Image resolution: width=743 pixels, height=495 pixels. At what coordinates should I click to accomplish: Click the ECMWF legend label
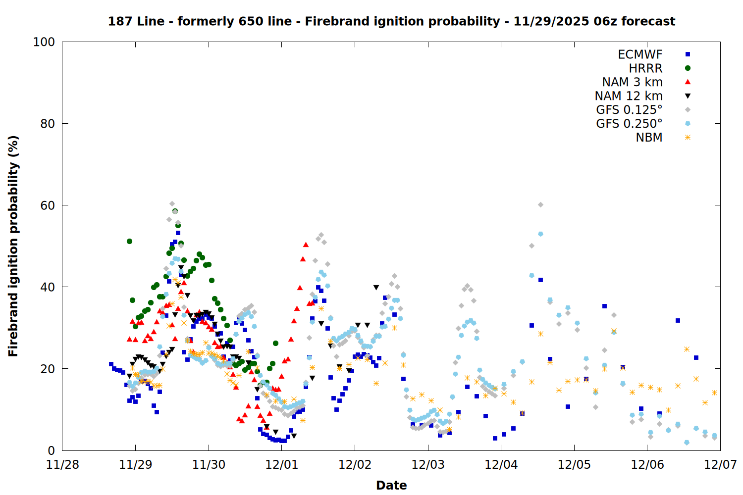(640, 54)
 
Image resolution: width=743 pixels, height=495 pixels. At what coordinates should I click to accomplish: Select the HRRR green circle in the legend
(688, 68)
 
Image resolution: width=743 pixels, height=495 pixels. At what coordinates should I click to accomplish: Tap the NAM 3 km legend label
(632, 82)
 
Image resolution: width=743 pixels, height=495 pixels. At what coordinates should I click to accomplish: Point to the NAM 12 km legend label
(629, 96)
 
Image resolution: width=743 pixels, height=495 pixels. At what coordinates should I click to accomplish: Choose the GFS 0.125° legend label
(629, 110)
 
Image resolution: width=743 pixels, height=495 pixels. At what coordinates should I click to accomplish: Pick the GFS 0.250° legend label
(629, 124)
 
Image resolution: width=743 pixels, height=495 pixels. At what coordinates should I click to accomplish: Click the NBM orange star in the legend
(688, 138)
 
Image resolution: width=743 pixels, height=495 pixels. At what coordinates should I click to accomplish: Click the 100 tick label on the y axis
(44, 42)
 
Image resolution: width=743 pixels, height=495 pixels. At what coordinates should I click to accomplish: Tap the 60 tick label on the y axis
(48, 205)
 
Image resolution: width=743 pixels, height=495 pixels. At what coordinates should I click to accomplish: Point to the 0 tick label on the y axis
(51, 450)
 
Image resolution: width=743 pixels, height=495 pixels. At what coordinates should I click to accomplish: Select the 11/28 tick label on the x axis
(62, 465)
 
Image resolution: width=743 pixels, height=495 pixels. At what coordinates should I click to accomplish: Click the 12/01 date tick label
(282, 465)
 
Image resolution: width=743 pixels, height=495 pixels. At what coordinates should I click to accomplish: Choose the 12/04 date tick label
(501, 465)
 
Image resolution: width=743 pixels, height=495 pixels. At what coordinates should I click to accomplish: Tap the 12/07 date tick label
(720, 465)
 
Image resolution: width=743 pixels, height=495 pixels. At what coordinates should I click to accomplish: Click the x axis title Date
(391, 485)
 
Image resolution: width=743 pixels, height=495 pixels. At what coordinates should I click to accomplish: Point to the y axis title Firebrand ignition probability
(13, 246)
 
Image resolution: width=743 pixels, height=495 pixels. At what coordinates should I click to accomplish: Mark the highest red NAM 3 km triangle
(306, 245)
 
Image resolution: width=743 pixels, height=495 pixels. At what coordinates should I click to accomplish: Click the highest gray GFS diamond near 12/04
(540, 204)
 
